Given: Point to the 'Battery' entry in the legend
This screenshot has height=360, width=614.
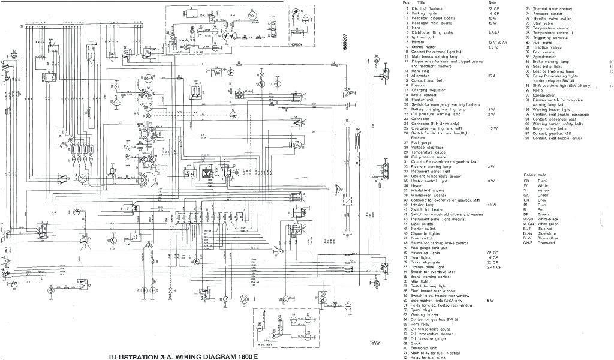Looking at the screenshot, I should (419, 42).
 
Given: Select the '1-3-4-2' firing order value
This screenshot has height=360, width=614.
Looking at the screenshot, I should (494, 32).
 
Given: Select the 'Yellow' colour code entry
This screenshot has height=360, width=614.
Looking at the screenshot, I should (543, 190).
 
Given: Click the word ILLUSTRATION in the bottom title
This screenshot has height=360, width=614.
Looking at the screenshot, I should (123, 355).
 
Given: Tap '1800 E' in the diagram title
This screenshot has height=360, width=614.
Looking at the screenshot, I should (248, 355).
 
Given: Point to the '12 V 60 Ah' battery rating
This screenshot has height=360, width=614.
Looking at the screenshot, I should (497, 42).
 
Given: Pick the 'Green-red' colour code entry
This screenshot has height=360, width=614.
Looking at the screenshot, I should (547, 243).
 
